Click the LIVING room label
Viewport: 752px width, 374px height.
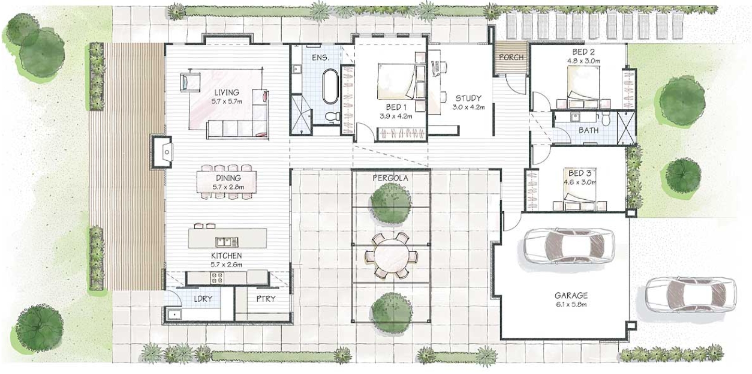(227, 92)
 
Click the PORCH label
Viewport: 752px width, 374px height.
(511, 57)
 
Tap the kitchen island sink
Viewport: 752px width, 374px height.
(227, 241)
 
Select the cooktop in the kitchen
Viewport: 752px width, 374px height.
(217, 278)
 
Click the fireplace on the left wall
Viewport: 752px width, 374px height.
(162, 152)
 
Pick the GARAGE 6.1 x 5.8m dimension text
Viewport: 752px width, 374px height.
(571, 305)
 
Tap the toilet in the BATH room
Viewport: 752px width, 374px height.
(606, 118)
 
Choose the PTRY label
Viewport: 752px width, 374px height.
(266, 299)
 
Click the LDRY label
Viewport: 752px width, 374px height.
(203, 299)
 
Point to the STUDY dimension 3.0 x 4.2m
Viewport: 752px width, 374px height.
(468, 107)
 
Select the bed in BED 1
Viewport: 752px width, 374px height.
(397, 82)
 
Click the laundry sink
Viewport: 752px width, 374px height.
(174, 315)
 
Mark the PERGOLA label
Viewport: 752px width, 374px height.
(390, 178)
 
